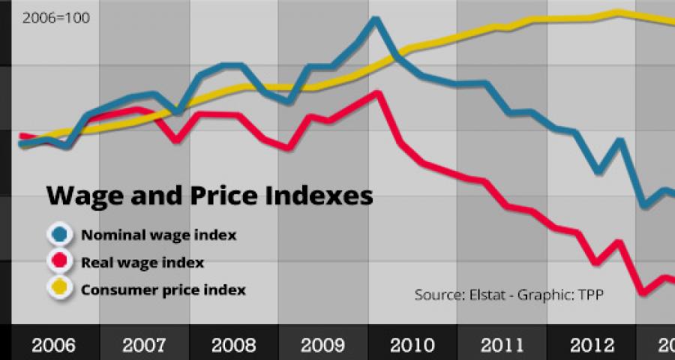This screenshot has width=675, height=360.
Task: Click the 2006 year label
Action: [53, 346]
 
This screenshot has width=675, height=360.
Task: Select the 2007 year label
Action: [143, 346]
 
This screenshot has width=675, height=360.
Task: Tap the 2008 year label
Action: [233, 346]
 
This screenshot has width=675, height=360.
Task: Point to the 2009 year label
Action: [323, 346]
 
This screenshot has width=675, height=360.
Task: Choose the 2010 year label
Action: [412, 346]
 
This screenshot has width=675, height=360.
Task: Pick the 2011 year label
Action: [502, 346]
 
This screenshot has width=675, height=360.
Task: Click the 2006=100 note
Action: [56, 17]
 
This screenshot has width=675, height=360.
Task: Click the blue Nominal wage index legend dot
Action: [58, 235]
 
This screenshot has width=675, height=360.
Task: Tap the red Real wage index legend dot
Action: [58, 262]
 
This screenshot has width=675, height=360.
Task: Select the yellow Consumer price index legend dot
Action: [58, 289]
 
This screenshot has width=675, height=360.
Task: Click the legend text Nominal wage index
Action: [158, 235]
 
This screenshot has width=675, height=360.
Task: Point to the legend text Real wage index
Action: [142, 262]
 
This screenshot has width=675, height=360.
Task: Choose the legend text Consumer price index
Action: [163, 289]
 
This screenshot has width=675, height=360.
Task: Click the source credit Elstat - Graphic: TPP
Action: [509, 295]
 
